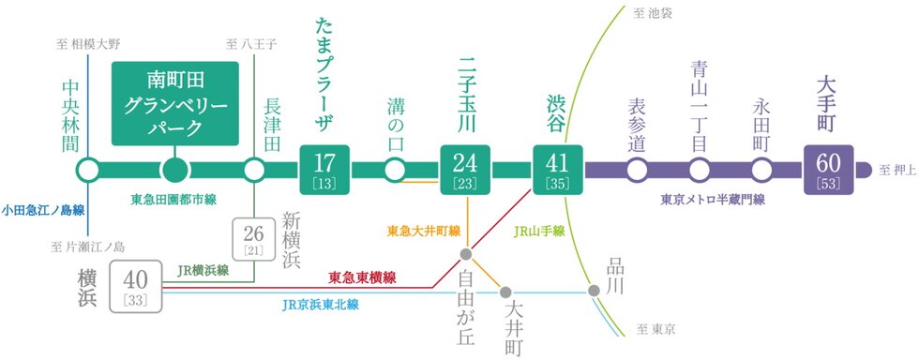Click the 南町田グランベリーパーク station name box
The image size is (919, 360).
tap(175, 104)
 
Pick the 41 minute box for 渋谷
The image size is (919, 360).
tap(558, 170)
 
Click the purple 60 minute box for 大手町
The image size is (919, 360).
tap(830, 170)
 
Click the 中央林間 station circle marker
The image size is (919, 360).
tap(88, 171)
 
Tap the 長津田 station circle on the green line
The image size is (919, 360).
tap(255, 171)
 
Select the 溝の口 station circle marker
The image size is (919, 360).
tap(395, 171)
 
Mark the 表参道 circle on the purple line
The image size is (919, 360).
tap(637, 171)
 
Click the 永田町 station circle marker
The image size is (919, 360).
tap(761, 171)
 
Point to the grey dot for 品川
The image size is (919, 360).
tap(594, 290)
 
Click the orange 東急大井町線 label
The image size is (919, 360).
tap(423, 229)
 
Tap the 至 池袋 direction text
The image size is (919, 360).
tap(653, 13)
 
